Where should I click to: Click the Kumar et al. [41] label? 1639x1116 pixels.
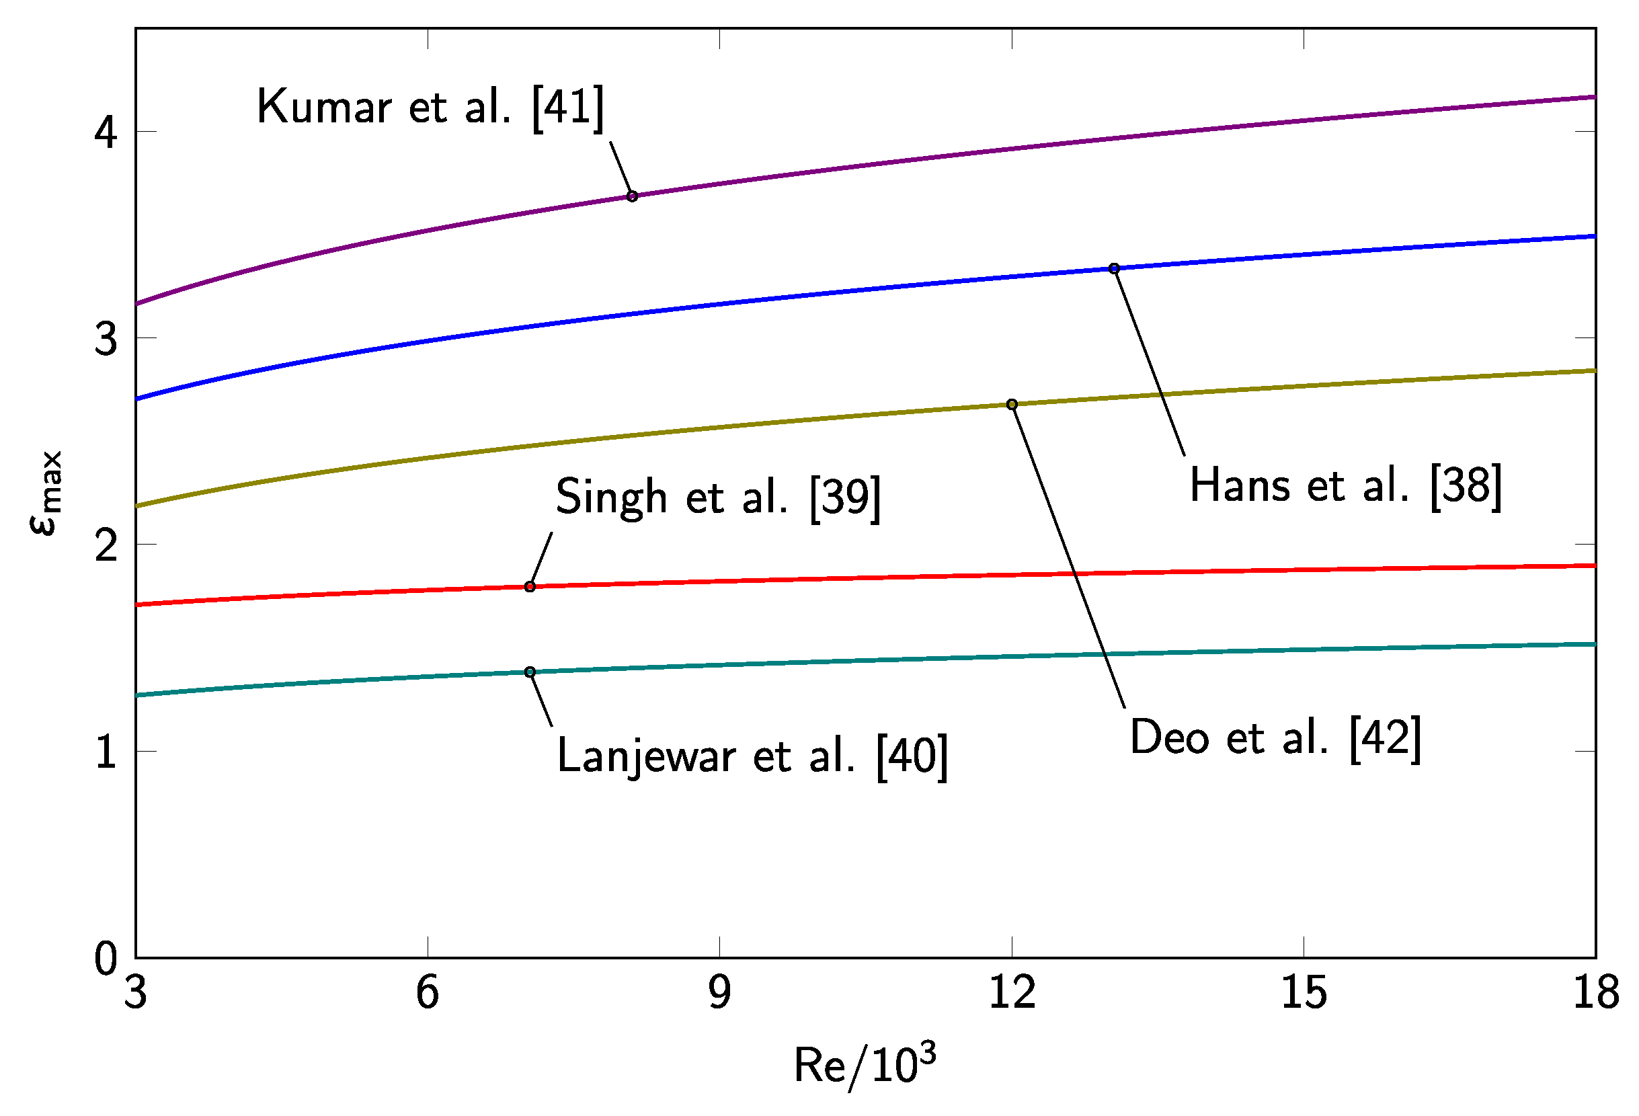[x=430, y=107]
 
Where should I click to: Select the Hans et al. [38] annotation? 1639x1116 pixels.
[x=1346, y=486]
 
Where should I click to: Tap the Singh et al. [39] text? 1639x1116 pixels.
[x=718, y=497]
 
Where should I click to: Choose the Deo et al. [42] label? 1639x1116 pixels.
[x=1275, y=739]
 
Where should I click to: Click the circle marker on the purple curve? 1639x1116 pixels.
[x=633, y=196]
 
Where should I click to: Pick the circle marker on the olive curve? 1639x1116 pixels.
[x=1012, y=404]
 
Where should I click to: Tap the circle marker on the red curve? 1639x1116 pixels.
[x=530, y=586]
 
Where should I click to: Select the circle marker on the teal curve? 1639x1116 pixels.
[x=530, y=672]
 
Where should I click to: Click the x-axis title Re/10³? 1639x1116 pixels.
[x=865, y=1065]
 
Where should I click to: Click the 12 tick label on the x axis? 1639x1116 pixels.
[x=1012, y=992]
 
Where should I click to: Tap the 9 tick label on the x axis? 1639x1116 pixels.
[x=719, y=992]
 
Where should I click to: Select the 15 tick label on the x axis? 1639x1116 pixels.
[x=1304, y=992]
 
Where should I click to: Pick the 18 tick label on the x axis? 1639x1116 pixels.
[x=1596, y=992]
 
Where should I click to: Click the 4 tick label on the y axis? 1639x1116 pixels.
[x=106, y=132]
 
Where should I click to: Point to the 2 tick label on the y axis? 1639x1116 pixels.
[x=106, y=545]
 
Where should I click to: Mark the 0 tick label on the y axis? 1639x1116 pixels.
[x=106, y=959]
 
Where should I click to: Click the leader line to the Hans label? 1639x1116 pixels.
[x=1150, y=361]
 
